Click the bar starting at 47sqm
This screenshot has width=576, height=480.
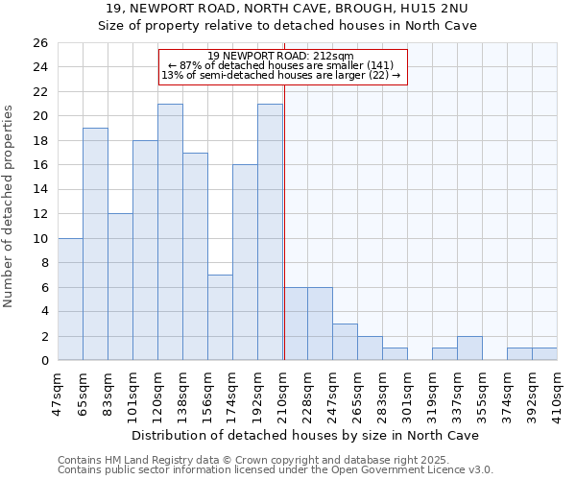point(70,299)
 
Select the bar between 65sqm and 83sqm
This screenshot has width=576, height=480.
point(95,244)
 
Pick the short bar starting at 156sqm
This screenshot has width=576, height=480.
point(220,317)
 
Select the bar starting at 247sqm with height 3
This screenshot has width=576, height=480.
point(345,342)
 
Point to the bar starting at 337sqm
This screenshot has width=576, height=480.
point(469,348)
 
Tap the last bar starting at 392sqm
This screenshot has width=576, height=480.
point(544,354)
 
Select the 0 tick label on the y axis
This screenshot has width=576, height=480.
point(43,360)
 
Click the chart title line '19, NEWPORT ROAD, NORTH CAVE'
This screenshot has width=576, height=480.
point(288,9)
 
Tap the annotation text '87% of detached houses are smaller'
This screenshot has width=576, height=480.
point(281,65)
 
